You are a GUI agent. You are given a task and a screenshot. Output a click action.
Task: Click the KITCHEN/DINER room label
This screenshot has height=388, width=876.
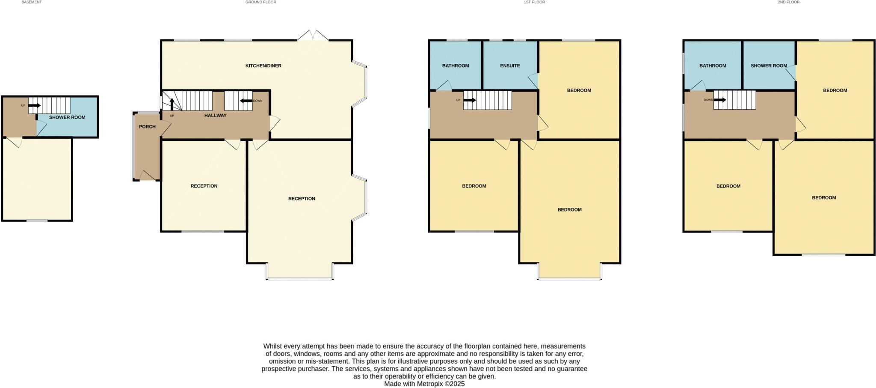[263, 66]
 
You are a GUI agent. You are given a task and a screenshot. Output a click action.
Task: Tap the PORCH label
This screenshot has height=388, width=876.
[147, 127]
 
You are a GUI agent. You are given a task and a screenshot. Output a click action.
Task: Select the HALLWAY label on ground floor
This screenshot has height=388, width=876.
[215, 116]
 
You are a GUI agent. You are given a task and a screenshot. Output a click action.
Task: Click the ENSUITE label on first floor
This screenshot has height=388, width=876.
[510, 66]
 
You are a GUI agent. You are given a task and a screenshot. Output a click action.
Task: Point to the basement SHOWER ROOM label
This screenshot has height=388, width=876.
[67, 117]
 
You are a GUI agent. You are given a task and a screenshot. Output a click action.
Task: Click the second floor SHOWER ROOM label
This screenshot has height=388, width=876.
[769, 66]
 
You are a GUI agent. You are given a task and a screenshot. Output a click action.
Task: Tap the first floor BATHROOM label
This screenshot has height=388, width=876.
[455, 66]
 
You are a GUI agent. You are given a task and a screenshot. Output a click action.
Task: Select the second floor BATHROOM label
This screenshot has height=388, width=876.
[713, 66]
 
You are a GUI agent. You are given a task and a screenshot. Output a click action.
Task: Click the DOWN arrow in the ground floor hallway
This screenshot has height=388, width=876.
[246, 101]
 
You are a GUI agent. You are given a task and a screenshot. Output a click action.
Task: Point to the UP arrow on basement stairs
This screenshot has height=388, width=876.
[35, 105]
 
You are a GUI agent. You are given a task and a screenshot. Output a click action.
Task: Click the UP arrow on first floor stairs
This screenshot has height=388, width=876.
[469, 100]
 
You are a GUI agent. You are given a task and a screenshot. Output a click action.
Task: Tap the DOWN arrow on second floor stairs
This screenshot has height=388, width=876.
[719, 100]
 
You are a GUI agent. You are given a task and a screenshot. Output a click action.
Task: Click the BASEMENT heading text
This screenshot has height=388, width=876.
[32, 2]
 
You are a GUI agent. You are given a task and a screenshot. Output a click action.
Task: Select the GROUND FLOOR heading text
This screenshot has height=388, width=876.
[260, 2]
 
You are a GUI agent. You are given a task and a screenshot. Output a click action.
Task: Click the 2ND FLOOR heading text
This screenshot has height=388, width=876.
[788, 2]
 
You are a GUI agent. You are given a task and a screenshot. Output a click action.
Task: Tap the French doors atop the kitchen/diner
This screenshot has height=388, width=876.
[313, 36]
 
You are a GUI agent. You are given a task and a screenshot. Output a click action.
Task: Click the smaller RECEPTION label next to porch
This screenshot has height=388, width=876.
[204, 186]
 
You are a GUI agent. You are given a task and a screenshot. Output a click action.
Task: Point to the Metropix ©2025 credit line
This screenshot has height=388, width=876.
[424, 384]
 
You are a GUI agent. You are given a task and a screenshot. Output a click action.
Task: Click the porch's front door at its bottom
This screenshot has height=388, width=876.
[148, 176]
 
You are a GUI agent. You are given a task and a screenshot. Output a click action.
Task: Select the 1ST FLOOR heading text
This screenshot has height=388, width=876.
[534, 2]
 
